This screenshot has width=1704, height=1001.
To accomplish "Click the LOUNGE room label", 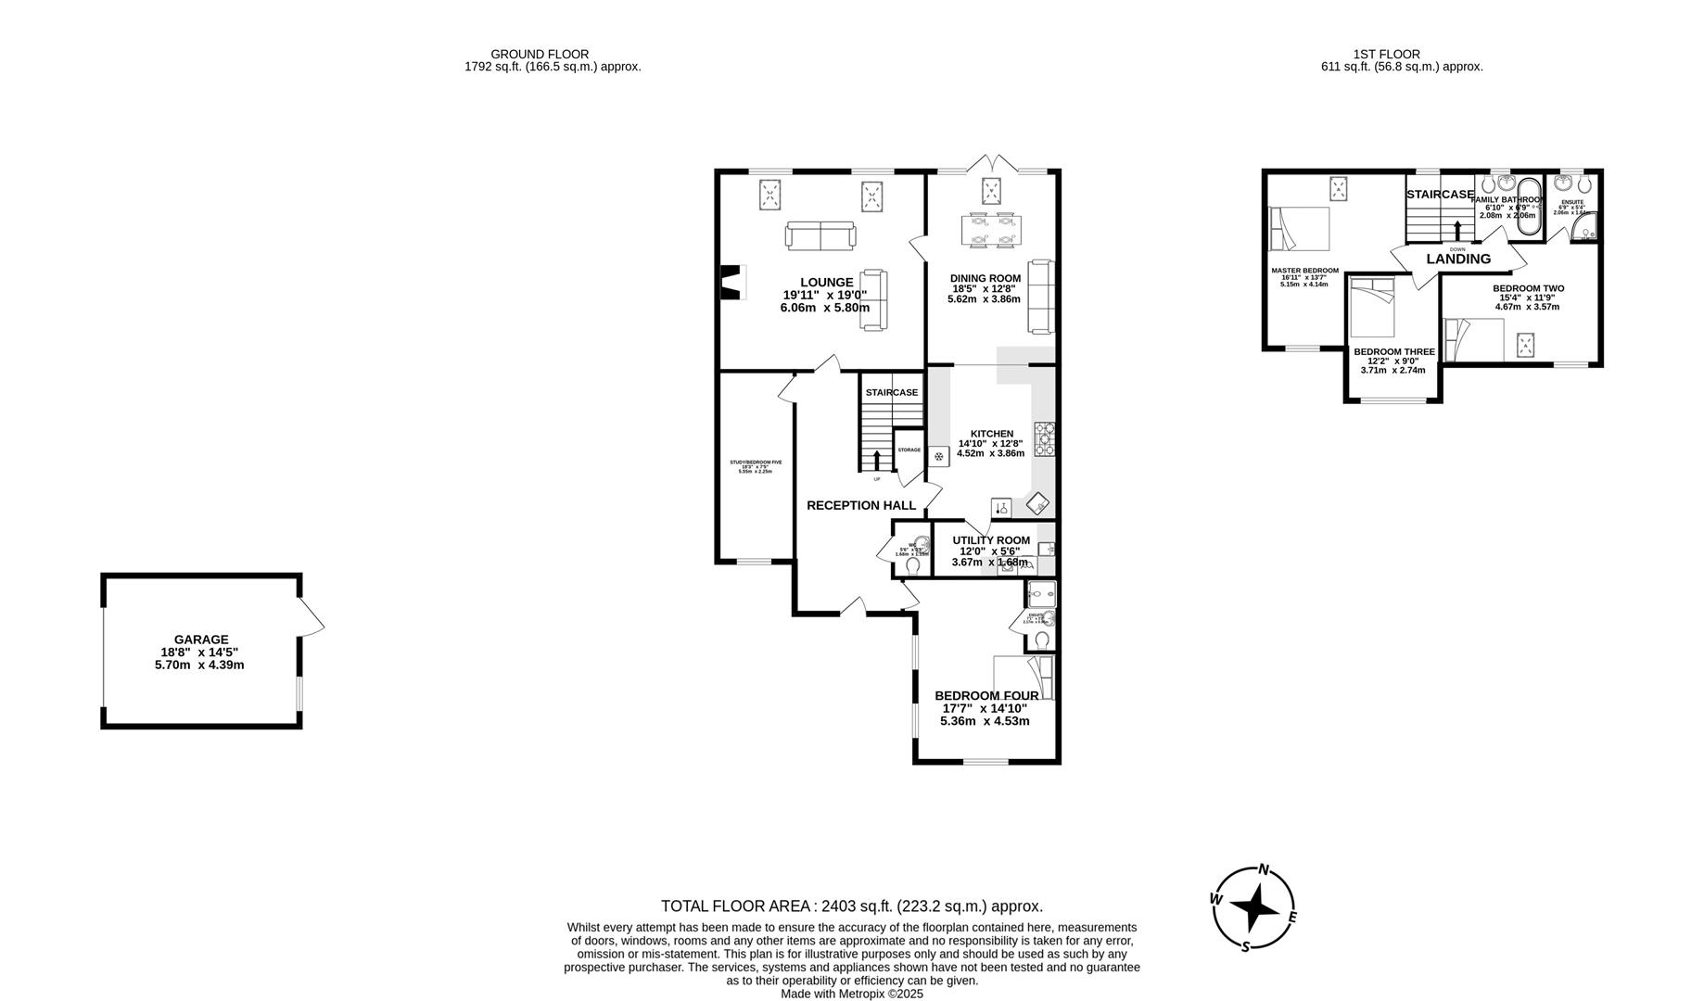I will point(826,283).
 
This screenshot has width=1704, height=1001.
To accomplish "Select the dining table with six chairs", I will point(991,230).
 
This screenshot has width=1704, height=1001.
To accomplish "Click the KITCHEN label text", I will point(991,434).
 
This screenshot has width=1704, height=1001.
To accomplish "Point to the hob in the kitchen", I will point(1044,439).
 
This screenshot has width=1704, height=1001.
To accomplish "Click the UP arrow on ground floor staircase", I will point(877,461).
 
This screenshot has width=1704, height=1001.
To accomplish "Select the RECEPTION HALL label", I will point(860,505).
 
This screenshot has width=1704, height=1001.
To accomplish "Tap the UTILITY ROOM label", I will point(990,540).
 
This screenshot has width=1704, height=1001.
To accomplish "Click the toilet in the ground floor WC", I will point(913,565).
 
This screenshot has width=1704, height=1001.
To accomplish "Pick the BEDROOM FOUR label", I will point(986,696).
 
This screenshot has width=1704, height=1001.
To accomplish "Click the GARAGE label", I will point(201,640).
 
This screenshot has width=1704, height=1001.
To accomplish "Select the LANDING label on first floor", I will point(1458,260).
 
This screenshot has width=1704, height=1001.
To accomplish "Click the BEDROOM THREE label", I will point(1393,352).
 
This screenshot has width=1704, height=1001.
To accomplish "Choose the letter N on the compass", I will point(1263,870).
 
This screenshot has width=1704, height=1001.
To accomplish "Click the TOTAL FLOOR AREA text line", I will point(851,906).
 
